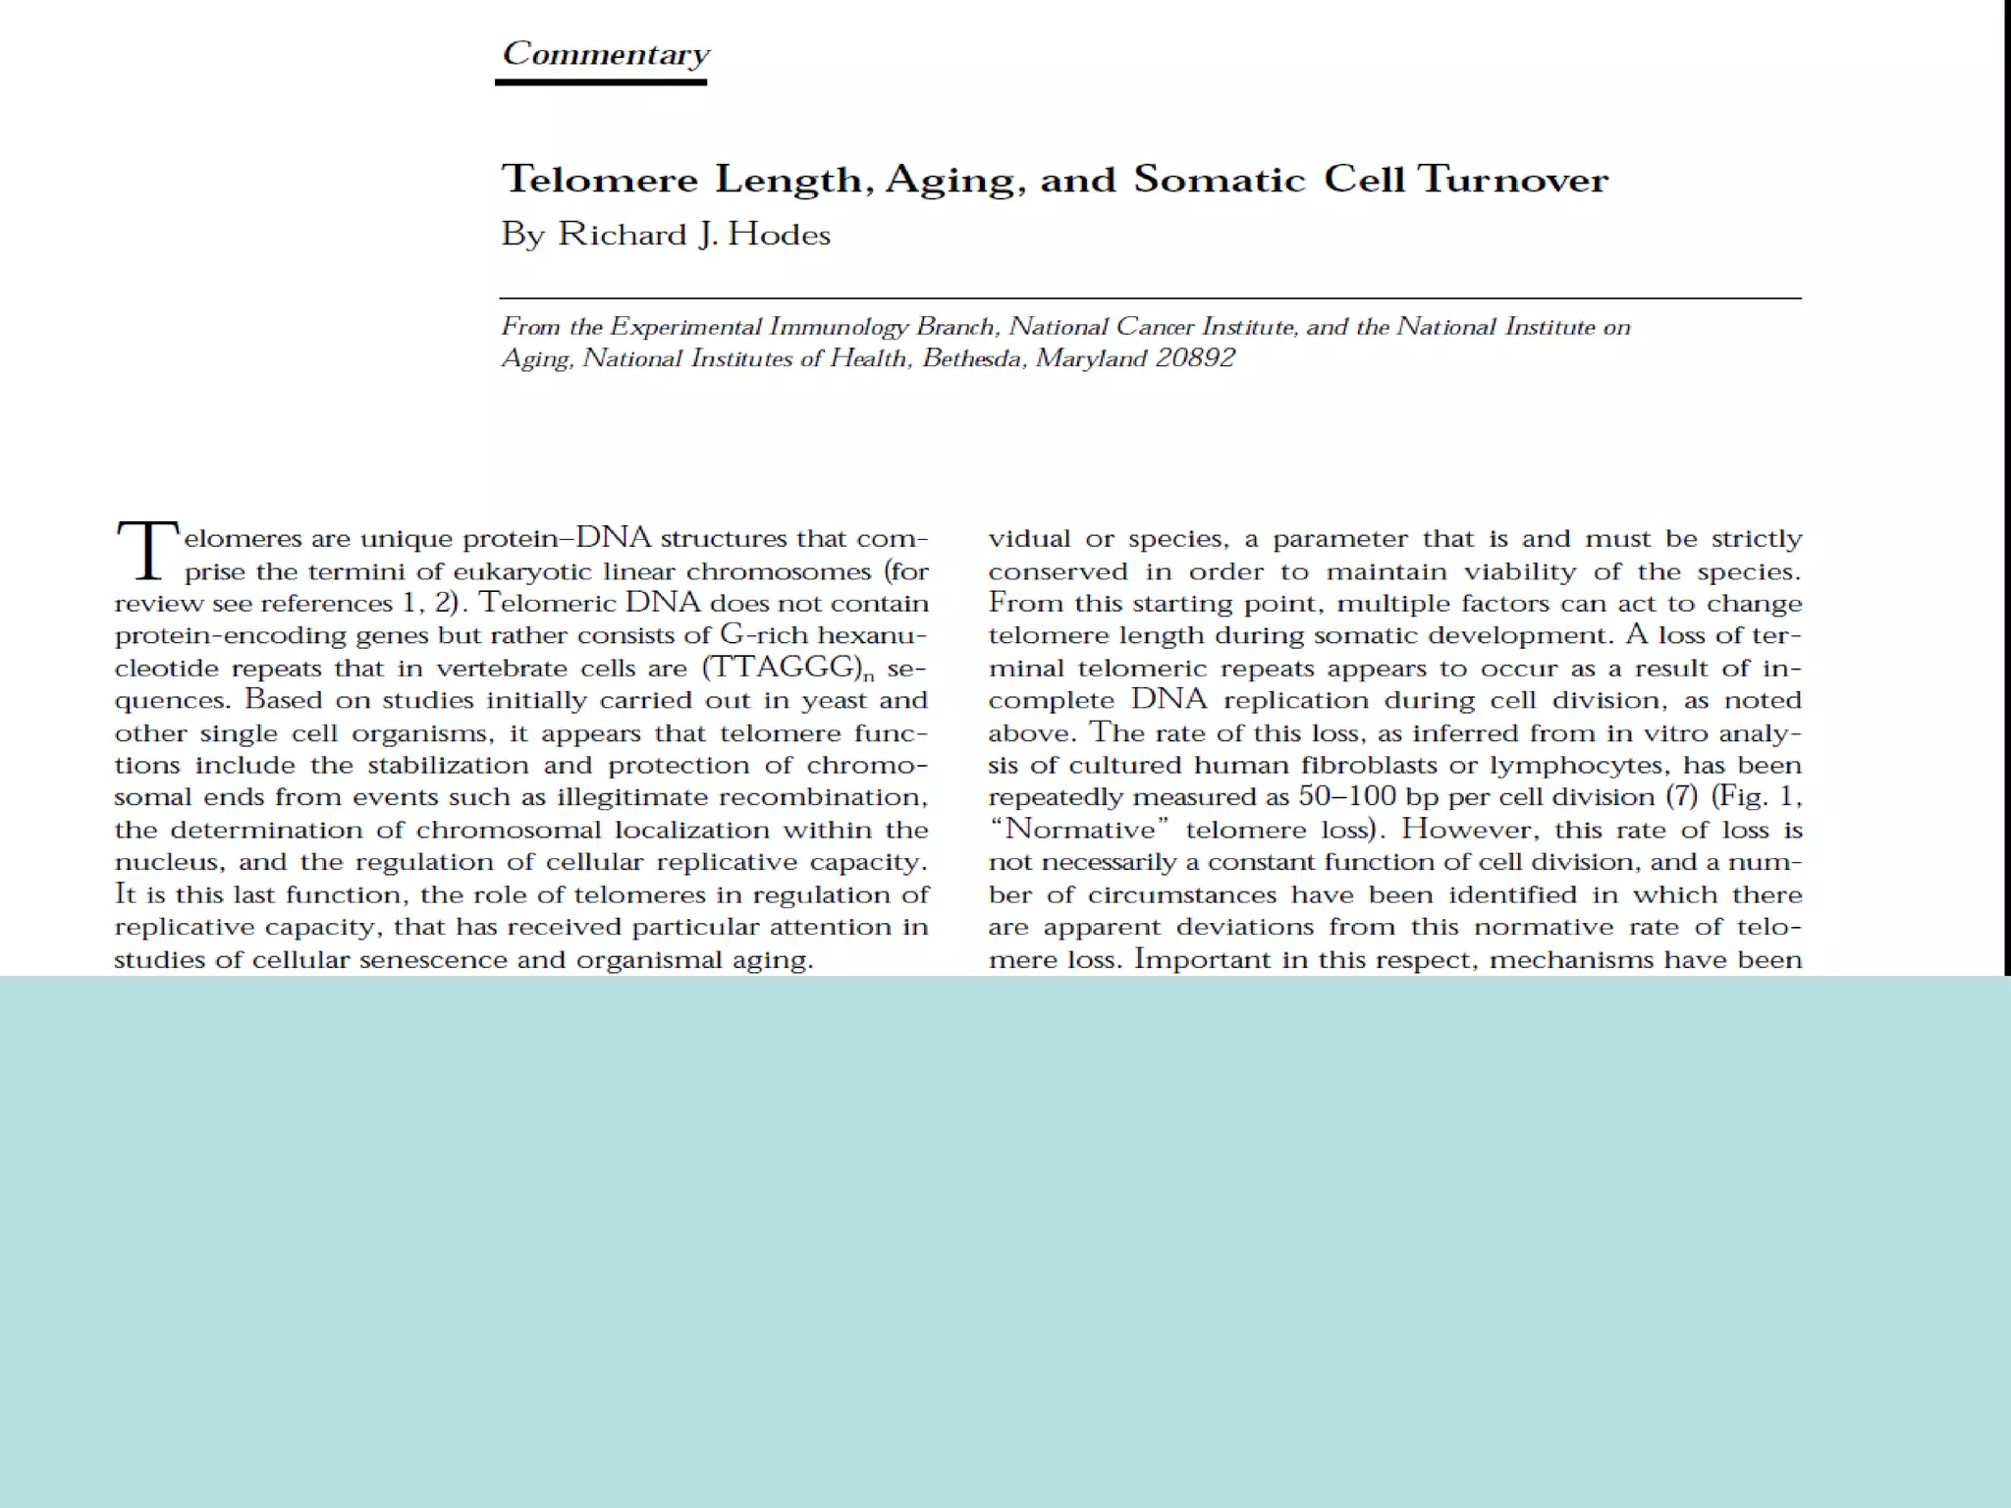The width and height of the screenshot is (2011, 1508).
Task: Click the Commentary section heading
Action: click(x=605, y=53)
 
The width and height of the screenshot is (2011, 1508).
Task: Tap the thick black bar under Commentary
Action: click(x=601, y=81)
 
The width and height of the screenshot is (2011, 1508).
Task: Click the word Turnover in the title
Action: click(x=1512, y=180)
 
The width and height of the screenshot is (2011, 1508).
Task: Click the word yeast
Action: click(x=836, y=700)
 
